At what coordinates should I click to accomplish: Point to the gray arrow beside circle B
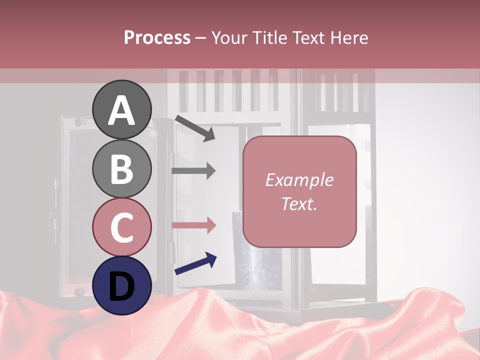(x=193, y=170)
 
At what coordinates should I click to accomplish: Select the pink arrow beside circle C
(x=193, y=225)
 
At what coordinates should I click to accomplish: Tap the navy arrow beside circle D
(x=195, y=264)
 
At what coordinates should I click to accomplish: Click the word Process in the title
(x=157, y=37)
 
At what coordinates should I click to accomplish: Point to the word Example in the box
(x=299, y=180)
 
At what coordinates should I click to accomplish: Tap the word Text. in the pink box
(x=299, y=203)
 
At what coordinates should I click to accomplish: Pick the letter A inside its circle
(x=122, y=111)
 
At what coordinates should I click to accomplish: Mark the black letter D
(x=122, y=286)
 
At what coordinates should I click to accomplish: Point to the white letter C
(x=122, y=227)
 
